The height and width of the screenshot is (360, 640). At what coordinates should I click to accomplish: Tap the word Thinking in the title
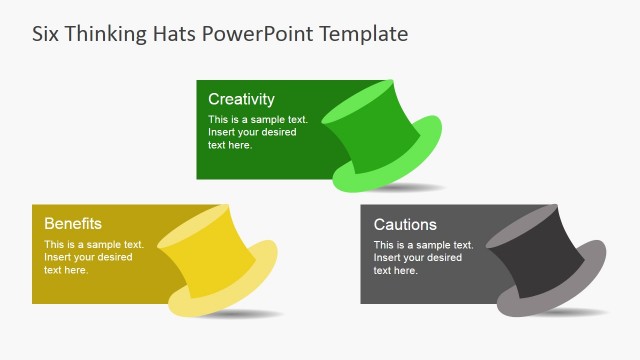click(x=105, y=33)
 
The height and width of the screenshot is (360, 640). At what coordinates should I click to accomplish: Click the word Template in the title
click(x=364, y=33)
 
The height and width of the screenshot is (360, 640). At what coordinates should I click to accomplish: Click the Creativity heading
click(x=241, y=99)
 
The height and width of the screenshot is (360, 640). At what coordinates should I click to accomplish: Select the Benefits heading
click(x=73, y=224)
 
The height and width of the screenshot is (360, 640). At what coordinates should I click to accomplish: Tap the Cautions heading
click(x=405, y=224)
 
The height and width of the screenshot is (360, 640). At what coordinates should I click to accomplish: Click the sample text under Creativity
click(x=258, y=132)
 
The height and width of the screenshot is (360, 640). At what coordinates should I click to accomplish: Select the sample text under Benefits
click(x=94, y=257)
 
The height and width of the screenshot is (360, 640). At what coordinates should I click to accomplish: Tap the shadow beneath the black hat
click(x=575, y=313)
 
